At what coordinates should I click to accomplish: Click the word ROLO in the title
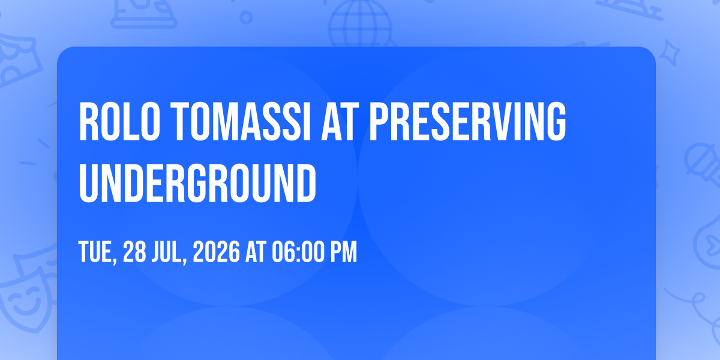click(119, 121)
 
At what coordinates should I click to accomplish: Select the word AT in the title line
click(340, 121)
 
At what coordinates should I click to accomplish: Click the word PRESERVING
click(467, 121)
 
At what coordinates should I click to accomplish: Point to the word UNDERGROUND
click(197, 183)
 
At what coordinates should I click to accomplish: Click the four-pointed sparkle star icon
click(669, 53)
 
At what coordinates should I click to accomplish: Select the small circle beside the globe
click(246, 17)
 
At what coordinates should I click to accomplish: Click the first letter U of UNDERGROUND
click(88, 184)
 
